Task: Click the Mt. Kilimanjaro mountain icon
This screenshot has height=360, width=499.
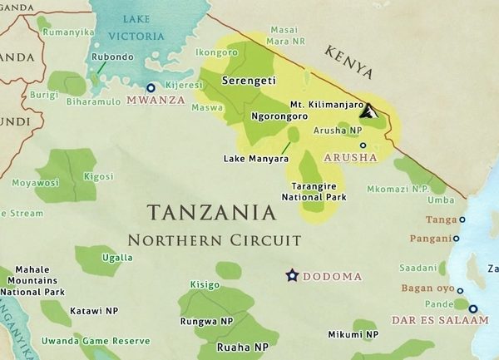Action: [x=371, y=111]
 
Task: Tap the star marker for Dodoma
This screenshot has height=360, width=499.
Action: [x=292, y=275]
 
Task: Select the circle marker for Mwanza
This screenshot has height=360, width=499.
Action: [x=151, y=87]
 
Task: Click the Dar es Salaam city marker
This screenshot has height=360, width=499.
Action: [x=473, y=309]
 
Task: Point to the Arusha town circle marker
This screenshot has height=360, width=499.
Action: [x=363, y=145]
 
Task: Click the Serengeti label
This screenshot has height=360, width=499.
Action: [x=249, y=81]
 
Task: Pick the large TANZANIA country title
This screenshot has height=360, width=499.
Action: [x=210, y=212]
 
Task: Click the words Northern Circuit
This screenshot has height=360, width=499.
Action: [x=214, y=240]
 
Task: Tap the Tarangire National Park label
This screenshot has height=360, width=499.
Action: [x=319, y=191]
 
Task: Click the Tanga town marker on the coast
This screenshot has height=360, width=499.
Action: [x=462, y=220]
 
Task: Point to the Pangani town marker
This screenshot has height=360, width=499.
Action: [x=456, y=239]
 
